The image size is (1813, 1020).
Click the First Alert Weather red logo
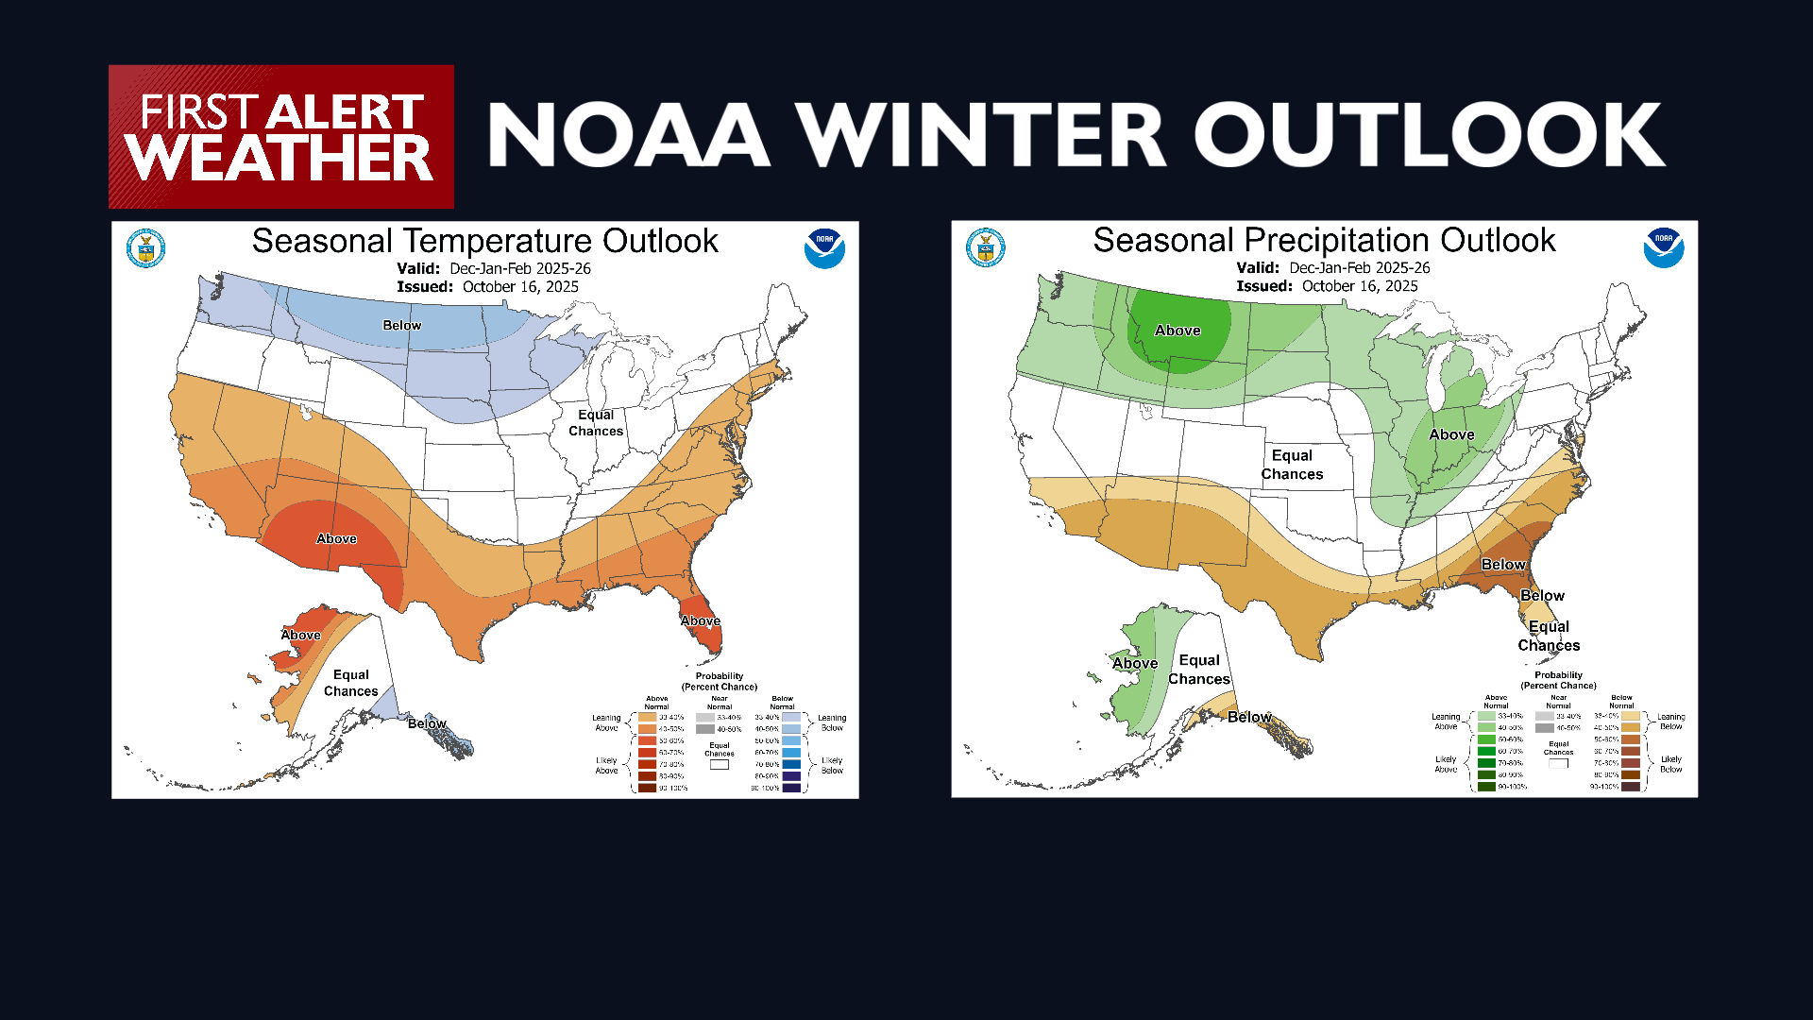tap(280, 137)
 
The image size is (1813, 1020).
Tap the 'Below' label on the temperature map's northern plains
tap(401, 325)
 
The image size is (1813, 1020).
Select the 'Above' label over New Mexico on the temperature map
tap(336, 538)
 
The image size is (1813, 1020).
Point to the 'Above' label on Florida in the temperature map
tap(700, 620)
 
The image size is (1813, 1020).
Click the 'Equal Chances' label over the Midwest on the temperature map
tap(596, 422)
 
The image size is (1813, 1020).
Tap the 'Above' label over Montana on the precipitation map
tap(1178, 331)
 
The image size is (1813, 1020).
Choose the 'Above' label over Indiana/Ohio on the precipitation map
tap(1451, 434)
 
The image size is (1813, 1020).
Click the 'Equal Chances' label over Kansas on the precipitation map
tap(1292, 465)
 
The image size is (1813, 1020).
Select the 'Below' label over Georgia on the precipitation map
tap(1502, 564)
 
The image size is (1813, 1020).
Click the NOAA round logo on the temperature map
tap(824, 248)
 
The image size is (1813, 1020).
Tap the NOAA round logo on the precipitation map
tap(1664, 247)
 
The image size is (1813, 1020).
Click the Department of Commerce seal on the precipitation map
tap(986, 247)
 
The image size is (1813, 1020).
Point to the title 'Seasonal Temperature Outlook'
tap(484, 241)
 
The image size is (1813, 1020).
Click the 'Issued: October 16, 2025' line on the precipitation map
tap(1327, 286)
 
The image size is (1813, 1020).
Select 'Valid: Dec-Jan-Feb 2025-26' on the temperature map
tap(493, 268)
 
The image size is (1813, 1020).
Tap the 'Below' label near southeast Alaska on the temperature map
tap(427, 723)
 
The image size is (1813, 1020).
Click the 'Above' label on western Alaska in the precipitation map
tap(1134, 663)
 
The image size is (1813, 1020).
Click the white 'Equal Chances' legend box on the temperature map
tap(720, 765)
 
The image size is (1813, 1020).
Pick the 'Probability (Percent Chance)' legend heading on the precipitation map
tap(1558, 680)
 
